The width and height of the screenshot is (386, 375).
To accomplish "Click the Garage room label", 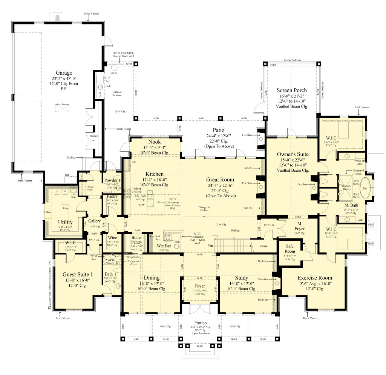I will tap(64, 73).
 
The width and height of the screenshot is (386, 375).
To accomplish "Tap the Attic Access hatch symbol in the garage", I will tap(63, 109).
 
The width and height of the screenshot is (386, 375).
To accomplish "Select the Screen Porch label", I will tap(291, 90).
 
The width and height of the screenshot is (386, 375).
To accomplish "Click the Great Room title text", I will tap(221, 180).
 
